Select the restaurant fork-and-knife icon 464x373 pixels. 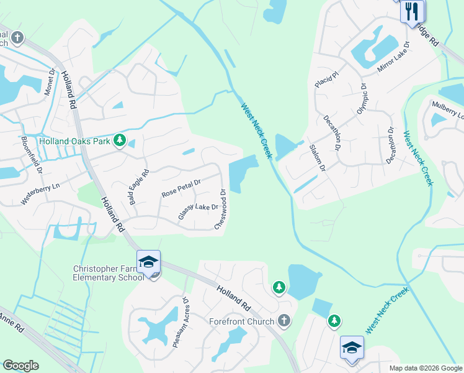pyautogui.click(x=412, y=11)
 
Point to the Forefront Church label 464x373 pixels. pyautogui.click(x=242, y=321)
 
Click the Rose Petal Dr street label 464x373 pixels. pyautogui.click(x=181, y=188)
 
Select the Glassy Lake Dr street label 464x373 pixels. pyautogui.click(x=198, y=211)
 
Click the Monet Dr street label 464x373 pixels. pyautogui.click(x=49, y=80)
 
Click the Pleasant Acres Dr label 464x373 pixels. pyautogui.click(x=180, y=322)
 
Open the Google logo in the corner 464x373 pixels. pyautogui.click(x=20, y=366)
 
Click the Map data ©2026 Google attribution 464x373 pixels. pyautogui.click(x=425, y=368)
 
